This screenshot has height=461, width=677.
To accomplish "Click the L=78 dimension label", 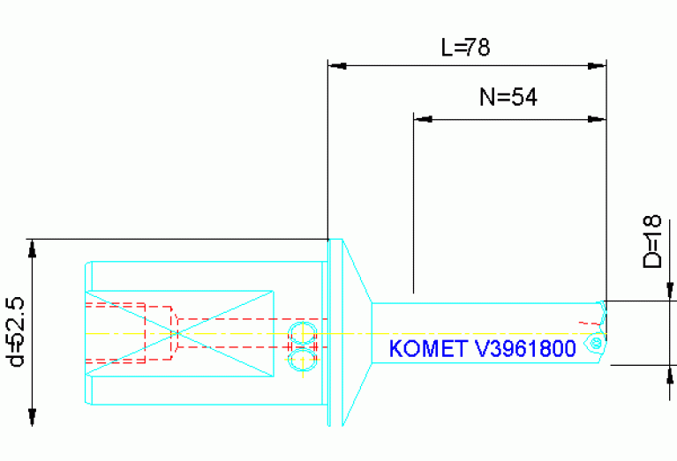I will click(x=465, y=48).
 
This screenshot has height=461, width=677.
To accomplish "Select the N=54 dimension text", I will click(x=508, y=98).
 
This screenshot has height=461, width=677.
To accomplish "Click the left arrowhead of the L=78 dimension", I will click(x=336, y=65).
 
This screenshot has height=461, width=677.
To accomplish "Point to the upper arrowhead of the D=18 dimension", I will click(x=670, y=290).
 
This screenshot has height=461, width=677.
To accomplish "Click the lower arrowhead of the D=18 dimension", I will click(x=670, y=374).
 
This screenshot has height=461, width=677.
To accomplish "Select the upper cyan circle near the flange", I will click(x=302, y=330).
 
